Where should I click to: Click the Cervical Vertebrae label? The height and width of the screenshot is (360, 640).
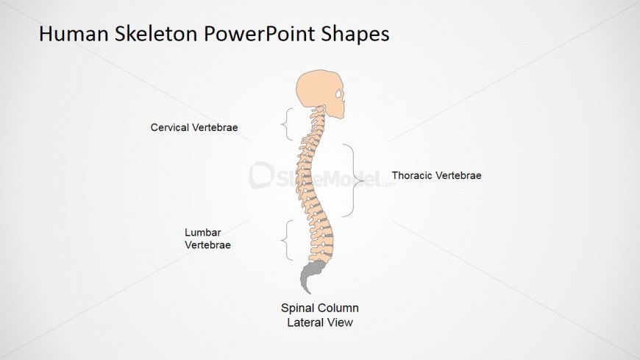[x=194, y=127]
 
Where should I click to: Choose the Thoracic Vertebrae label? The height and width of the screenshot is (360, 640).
[x=436, y=176]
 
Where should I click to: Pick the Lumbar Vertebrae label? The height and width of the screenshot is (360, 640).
[x=207, y=239]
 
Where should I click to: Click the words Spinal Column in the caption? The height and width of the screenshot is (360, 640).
[x=320, y=308]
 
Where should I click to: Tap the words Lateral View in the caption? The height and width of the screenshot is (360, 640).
[x=320, y=322]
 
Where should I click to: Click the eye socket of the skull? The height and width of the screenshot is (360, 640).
[x=338, y=95]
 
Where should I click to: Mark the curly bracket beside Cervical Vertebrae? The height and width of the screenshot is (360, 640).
[x=287, y=124]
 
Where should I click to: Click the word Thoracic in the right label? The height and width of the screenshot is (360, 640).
[x=413, y=176]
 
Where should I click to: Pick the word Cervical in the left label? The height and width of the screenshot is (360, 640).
[x=170, y=127]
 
